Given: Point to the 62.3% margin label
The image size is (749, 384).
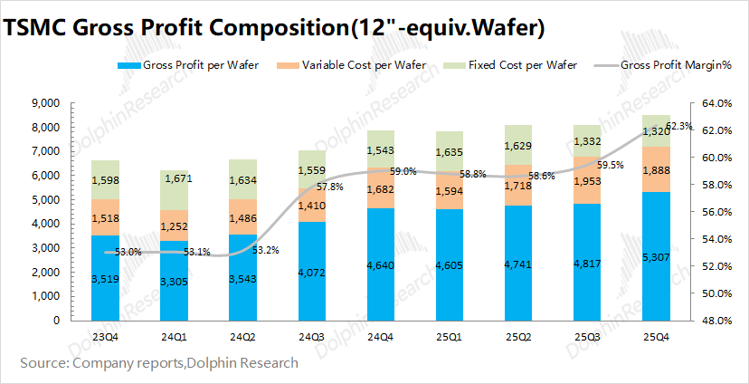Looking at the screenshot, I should click(x=678, y=126).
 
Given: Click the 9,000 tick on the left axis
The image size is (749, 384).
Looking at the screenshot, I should click(x=45, y=103).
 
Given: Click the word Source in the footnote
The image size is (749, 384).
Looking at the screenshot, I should click(x=44, y=363).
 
